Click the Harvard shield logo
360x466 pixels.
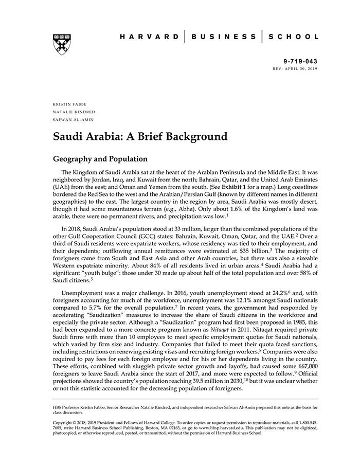click(x=62, y=44)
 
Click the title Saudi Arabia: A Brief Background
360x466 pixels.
click(x=140, y=137)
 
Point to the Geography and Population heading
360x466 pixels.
click(x=100, y=159)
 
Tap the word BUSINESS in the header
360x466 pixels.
click(x=223, y=37)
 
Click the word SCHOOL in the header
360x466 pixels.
click(x=293, y=37)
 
